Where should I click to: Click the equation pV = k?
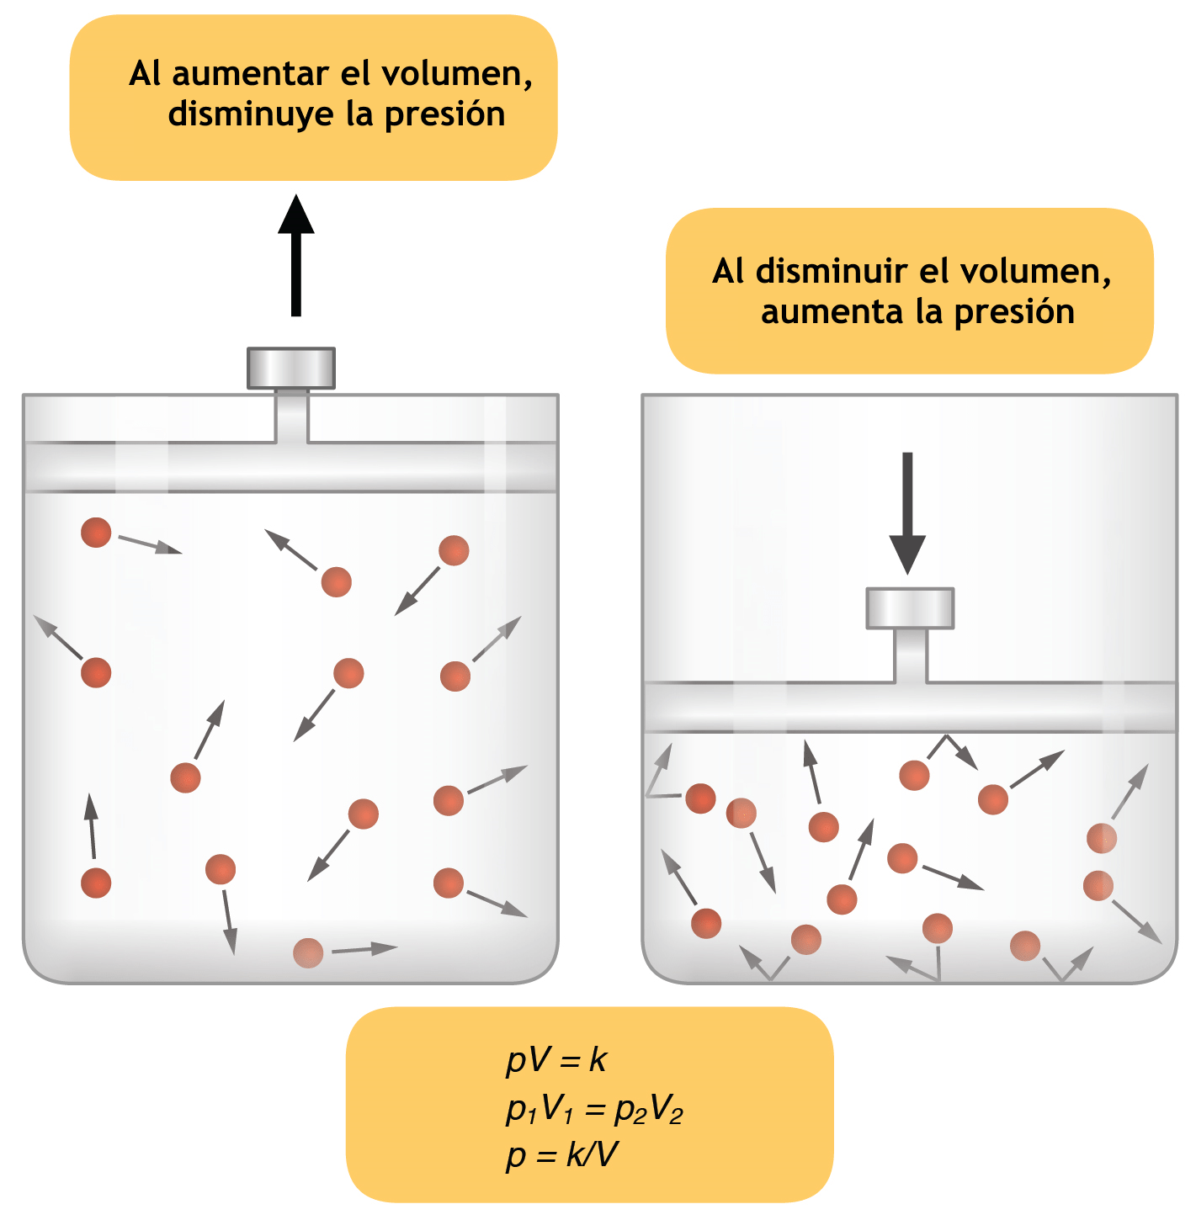pyautogui.click(x=556, y=1060)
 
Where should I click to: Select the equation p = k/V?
pyautogui.click(x=561, y=1154)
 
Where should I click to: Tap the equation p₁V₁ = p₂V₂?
pyautogui.click(x=594, y=1109)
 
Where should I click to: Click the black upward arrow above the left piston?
pyautogui.click(x=295, y=255)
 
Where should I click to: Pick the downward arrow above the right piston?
pyautogui.click(x=907, y=512)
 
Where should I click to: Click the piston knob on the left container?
pyautogui.click(x=290, y=368)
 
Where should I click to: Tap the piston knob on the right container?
pyautogui.click(x=910, y=608)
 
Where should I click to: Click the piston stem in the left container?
pyautogui.click(x=292, y=416)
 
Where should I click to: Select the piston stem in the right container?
pyautogui.click(x=911, y=656)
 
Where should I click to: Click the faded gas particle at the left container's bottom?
pyautogui.click(x=309, y=952)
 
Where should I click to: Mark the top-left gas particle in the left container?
pyautogui.click(x=96, y=533)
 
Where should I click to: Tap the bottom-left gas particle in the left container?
pyautogui.click(x=96, y=883)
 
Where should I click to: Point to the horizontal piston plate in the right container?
pyautogui.click(x=910, y=708)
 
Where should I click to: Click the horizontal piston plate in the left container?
pyautogui.click(x=290, y=467)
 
